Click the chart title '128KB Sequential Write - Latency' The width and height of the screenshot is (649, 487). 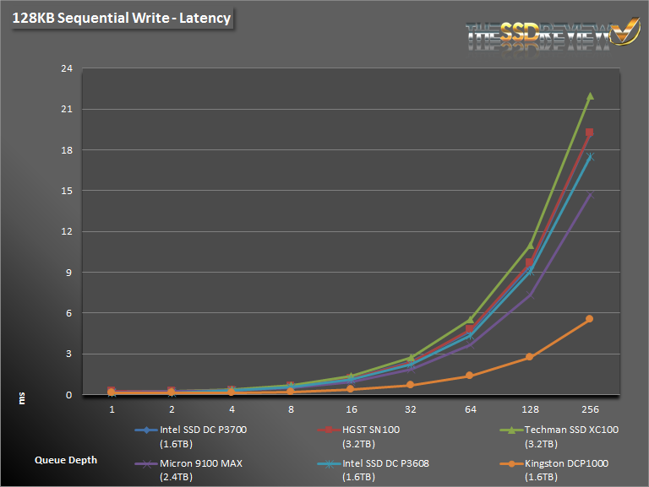(x=121, y=18)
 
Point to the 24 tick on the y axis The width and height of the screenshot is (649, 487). (x=64, y=68)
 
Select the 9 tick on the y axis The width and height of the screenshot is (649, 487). (x=67, y=273)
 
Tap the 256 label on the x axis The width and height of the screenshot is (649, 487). (x=590, y=409)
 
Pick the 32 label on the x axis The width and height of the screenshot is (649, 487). (x=411, y=409)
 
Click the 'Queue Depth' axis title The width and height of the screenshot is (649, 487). (x=66, y=460)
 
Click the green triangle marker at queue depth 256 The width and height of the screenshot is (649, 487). (x=590, y=96)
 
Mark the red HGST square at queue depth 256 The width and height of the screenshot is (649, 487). (x=590, y=133)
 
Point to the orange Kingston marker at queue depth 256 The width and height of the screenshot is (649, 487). (x=590, y=319)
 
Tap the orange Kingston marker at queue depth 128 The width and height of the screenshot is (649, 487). (x=530, y=357)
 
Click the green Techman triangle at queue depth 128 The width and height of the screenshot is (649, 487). (x=530, y=246)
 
